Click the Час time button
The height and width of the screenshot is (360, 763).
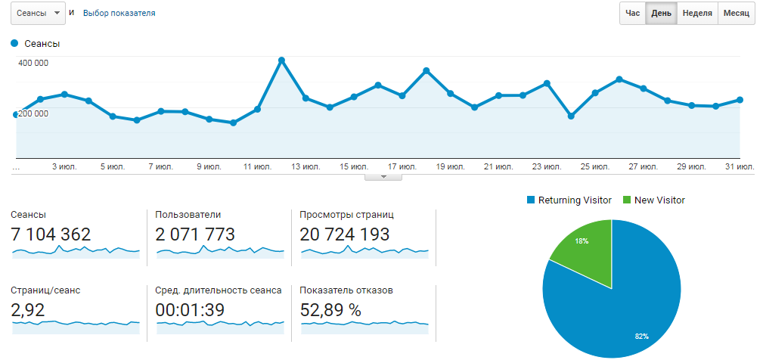[x=632, y=14]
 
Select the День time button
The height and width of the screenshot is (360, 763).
[x=661, y=14]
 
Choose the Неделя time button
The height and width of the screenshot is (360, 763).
[x=696, y=14]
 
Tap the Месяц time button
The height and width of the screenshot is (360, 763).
[x=736, y=14]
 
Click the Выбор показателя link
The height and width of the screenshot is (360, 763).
[x=119, y=14]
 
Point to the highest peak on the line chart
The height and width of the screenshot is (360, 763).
[x=281, y=60]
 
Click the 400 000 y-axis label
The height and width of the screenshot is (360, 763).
[x=33, y=63]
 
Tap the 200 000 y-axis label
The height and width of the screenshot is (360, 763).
[x=33, y=113]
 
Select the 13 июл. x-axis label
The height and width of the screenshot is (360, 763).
[x=306, y=166]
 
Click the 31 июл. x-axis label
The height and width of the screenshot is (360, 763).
[x=740, y=166]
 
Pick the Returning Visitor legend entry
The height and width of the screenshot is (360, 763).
[x=569, y=200]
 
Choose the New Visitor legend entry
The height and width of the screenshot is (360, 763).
[x=654, y=200]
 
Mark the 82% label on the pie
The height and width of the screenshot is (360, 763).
[x=642, y=335]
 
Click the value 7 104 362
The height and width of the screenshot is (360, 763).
[x=51, y=234]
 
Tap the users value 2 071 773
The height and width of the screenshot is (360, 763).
[x=195, y=234]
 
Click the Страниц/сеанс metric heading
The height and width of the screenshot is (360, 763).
[x=45, y=290]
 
